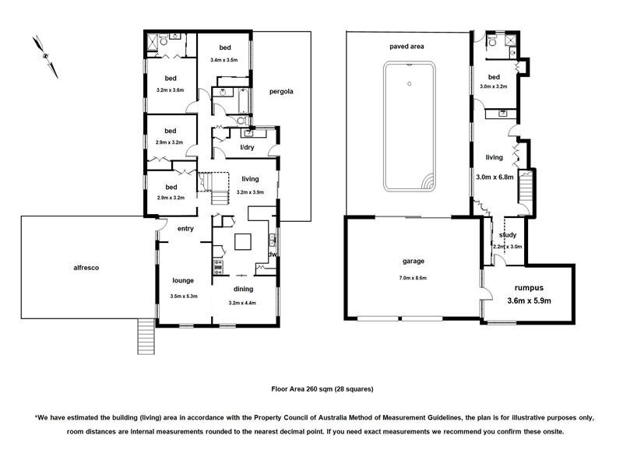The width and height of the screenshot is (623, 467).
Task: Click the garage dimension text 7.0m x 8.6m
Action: [x=413, y=278]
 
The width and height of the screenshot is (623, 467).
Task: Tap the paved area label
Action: [x=407, y=47]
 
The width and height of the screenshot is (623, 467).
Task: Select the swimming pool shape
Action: [x=408, y=126]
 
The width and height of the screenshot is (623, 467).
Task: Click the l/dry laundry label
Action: [x=247, y=147]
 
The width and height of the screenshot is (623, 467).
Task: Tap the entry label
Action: [x=185, y=228]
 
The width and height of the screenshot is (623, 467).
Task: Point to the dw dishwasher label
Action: [x=273, y=254]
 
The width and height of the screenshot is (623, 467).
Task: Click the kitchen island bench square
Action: [x=244, y=242]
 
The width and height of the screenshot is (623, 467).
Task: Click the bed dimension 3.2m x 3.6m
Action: [x=170, y=90]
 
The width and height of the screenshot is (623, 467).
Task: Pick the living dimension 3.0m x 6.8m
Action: [x=494, y=177]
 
